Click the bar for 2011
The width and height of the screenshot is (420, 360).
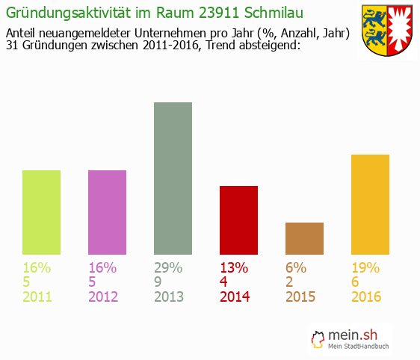42,212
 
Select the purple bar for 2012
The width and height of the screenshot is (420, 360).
107,212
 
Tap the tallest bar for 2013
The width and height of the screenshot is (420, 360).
173,178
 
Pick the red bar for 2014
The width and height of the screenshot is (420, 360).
238,220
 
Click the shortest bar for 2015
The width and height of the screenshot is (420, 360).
304,238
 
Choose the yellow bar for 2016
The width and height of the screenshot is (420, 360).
370,204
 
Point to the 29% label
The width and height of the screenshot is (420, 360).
168,267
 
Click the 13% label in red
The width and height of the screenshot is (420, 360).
234,267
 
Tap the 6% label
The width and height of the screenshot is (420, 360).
297,267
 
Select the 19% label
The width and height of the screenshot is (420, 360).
365,267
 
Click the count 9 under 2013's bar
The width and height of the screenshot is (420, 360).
158,282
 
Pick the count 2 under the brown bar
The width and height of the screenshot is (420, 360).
290,282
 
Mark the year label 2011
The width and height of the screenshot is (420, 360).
37,297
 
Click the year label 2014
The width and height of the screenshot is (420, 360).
235,297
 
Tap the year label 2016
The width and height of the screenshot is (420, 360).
366,297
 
